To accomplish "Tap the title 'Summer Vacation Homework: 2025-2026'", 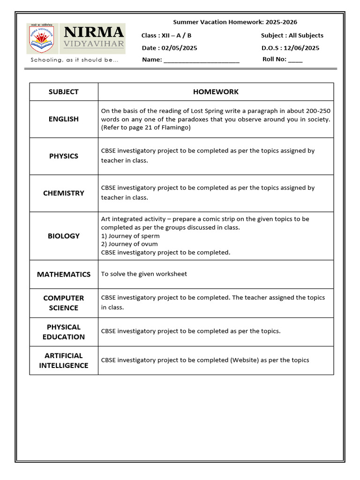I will click(235, 22).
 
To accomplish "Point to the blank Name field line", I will click(202, 60).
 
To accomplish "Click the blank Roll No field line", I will click(295, 60).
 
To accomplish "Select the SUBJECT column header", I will click(64, 92).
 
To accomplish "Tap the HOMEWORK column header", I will click(216, 92).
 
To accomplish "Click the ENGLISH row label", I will click(64, 119).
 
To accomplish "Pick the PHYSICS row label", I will click(64, 156).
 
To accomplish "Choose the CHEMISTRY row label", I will click(64, 193).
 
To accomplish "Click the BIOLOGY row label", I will click(64, 236).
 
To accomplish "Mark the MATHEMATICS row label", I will click(64, 274).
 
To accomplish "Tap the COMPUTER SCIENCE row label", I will click(64, 303).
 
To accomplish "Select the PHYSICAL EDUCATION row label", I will click(64, 332).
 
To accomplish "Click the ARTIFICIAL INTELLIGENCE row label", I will click(64, 360).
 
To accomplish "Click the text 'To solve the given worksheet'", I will click(144, 274).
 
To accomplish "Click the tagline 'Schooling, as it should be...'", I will click(75, 60).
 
